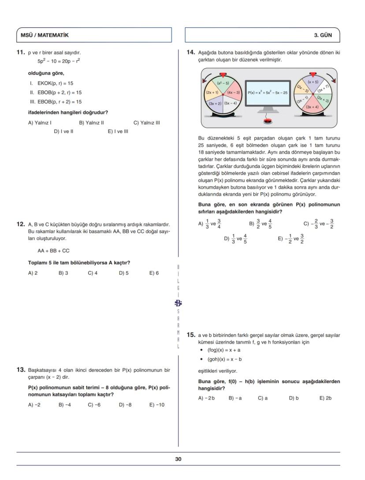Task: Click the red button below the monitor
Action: click(267, 121)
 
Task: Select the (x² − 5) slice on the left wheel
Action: click(223, 83)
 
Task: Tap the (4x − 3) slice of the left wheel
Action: click(233, 92)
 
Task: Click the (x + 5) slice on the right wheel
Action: click(313, 82)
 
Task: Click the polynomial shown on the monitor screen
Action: click(267, 93)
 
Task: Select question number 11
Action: click(20, 52)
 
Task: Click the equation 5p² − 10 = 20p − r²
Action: click(59, 61)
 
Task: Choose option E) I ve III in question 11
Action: click(118, 131)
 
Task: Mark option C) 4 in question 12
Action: click(93, 273)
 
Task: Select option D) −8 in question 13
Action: click(125, 405)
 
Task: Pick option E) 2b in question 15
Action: click(325, 398)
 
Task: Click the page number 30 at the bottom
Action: click(178, 459)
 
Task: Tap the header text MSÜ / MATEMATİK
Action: click(45, 35)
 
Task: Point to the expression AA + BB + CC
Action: click(53, 251)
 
